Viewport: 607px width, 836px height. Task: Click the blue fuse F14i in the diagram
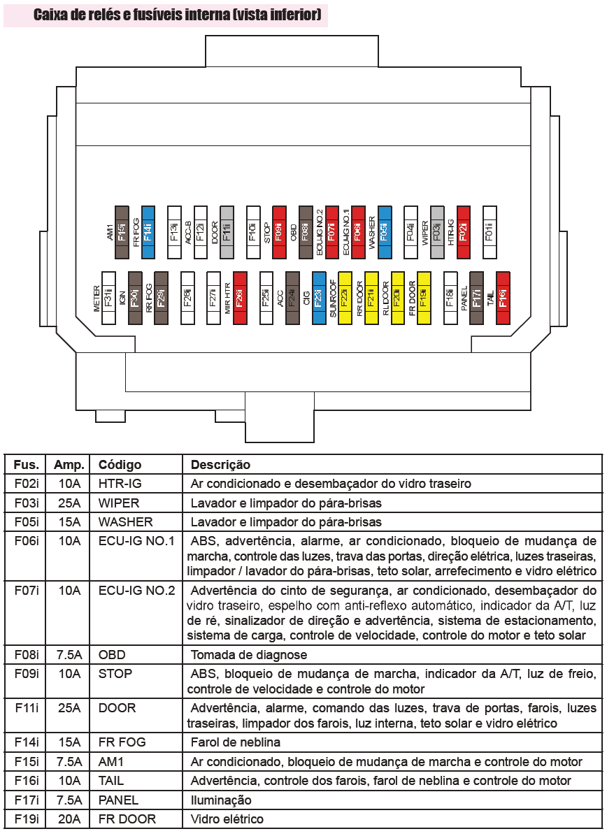point(148,225)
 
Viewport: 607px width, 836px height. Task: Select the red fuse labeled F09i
point(279,225)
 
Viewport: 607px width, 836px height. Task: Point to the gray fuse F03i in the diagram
point(437,225)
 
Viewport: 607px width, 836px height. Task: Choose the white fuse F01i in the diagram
point(490,225)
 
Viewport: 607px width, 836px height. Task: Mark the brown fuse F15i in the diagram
point(122,225)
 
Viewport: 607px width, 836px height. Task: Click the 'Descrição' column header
point(220,465)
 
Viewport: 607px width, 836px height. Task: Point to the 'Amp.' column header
point(69,465)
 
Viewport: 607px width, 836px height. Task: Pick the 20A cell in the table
point(69,819)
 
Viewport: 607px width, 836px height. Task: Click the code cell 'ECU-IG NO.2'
point(136,590)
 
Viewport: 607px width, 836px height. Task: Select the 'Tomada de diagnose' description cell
point(248,655)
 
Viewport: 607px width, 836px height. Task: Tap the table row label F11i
point(27,708)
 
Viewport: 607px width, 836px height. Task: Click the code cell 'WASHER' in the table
point(125,521)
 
